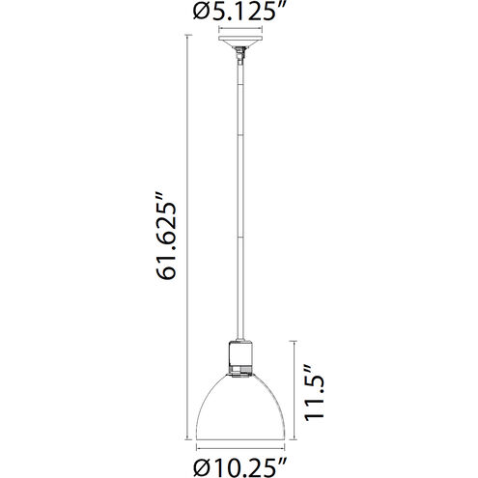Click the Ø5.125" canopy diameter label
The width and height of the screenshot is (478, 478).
click(x=239, y=13)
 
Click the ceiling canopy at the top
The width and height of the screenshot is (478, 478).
click(x=239, y=45)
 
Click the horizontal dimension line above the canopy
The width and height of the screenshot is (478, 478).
click(x=239, y=30)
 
